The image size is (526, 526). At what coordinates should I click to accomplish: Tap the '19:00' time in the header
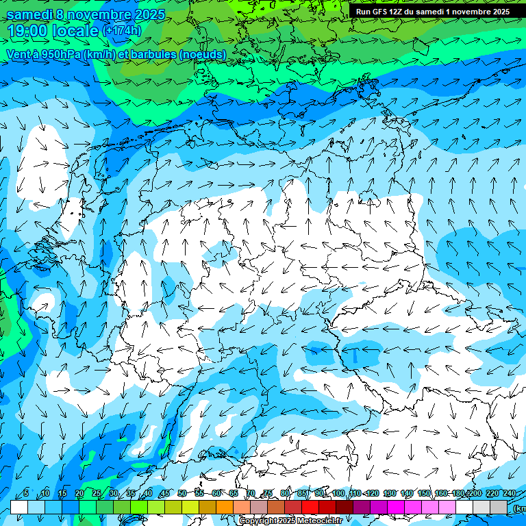(x=27, y=31)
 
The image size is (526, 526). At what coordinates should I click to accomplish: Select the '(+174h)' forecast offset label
(x=122, y=31)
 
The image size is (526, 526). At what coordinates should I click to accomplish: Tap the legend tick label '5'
(x=26, y=493)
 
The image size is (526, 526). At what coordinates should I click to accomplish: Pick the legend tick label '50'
(x=181, y=493)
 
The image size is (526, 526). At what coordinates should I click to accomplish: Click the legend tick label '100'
(x=338, y=493)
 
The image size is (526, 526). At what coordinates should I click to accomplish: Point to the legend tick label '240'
(x=509, y=493)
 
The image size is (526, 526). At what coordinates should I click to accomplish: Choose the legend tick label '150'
(x=424, y=493)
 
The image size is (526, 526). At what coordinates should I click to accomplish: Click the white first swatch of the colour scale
(x=19, y=506)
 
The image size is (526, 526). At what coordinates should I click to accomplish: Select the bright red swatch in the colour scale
(x=310, y=506)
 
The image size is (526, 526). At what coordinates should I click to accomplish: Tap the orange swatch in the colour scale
(x=225, y=506)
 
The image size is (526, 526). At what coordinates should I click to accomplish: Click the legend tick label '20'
(x=79, y=493)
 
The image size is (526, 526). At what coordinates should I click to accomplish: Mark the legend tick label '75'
(x=268, y=493)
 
